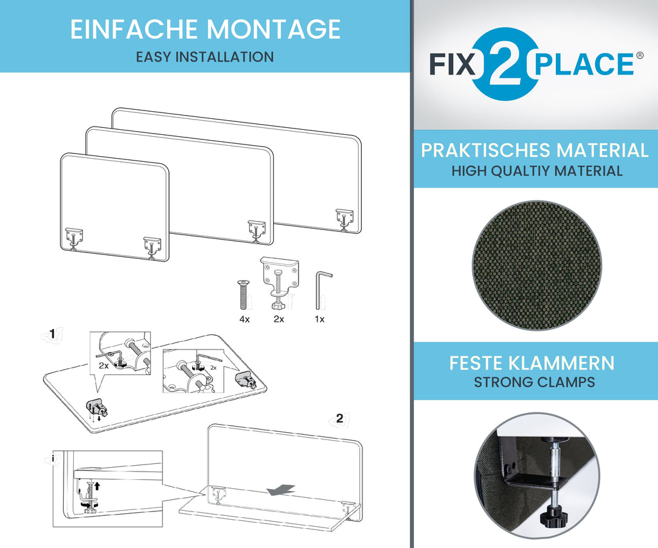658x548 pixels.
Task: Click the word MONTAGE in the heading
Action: pyautogui.click(x=273, y=29)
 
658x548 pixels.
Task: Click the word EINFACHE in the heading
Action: pyautogui.click(x=134, y=29)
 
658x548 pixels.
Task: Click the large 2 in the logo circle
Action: pyautogui.click(x=506, y=64)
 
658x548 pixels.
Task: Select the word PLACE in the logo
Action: pyautogui.click(x=584, y=64)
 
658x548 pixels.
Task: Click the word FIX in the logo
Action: pyautogui.click(x=452, y=64)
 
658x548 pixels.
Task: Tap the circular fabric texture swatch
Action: pyautogui.click(x=537, y=265)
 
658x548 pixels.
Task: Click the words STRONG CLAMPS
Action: pyautogui.click(x=534, y=382)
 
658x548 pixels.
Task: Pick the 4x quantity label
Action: pyautogui.click(x=244, y=319)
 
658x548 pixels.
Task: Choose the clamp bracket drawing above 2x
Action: pyautogui.click(x=280, y=282)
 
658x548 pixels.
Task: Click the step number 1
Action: pyautogui.click(x=52, y=333)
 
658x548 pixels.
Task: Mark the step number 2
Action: pyautogui.click(x=339, y=418)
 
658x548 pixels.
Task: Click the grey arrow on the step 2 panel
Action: pyautogui.click(x=281, y=490)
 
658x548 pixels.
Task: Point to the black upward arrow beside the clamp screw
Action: pyautogui.click(x=98, y=486)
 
